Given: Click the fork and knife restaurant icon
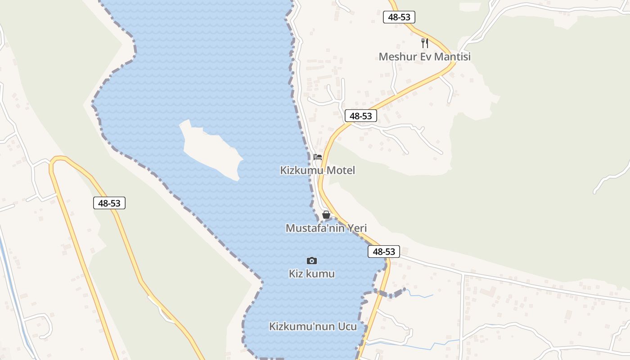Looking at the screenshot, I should (x=424, y=43).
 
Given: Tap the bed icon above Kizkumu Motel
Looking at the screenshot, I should (x=318, y=157).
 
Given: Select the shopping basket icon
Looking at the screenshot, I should (x=326, y=215).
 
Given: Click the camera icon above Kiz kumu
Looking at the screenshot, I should (x=311, y=261).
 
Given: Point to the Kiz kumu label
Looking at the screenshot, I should (x=311, y=274).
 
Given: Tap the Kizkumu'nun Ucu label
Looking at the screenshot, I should (x=313, y=327).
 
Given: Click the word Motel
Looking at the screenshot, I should (x=341, y=171).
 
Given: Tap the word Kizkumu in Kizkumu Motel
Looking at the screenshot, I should (x=302, y=171).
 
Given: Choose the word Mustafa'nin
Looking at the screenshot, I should (x=315, y=228).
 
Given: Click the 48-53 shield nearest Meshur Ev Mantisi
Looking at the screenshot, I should (x=399, y=18).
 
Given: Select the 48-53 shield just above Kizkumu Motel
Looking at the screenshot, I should (x=361, y=116).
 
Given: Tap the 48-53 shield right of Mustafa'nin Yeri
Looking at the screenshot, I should (x=384, y=252).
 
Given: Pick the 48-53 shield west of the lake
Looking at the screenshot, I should (x=109, y=203).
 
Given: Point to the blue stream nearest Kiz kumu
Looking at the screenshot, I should (x=421, y=295).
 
